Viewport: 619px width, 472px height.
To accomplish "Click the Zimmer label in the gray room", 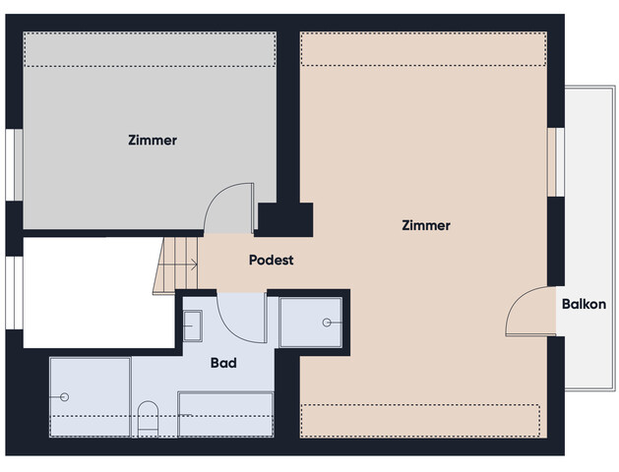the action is click(x=153, y=140).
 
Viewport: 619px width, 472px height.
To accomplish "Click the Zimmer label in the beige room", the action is click(x=426, y=225).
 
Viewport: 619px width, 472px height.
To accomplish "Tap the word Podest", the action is click(x=272, y=260).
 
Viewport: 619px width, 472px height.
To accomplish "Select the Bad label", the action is click(x=223, y=363).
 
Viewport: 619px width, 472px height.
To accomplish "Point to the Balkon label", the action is click(x=584, y=304).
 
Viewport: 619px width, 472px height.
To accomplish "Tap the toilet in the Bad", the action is click(x=148, y=419).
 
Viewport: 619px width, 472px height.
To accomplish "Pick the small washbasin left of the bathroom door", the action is click(x=193, y=325).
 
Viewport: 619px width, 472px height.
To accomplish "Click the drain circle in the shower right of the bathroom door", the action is click(x=327, y=323).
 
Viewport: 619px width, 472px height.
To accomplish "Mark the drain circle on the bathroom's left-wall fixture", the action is click(x=65, y=397).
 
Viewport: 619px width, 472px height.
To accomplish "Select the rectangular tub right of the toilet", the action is click(x=225, y=414).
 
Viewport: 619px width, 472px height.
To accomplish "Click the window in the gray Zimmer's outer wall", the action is click(x=14, y=164).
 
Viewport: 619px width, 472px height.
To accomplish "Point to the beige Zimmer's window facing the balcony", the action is click(x=556, y=162).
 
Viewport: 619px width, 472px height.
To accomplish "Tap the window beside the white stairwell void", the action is click(x=14, y=293).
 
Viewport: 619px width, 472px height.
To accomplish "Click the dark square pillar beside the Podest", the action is click(x=285, y=219).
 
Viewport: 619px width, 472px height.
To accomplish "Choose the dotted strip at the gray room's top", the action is click(x=150, y=49).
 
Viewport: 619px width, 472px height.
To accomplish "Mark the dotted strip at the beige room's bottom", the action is click(x=420, y=421).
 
